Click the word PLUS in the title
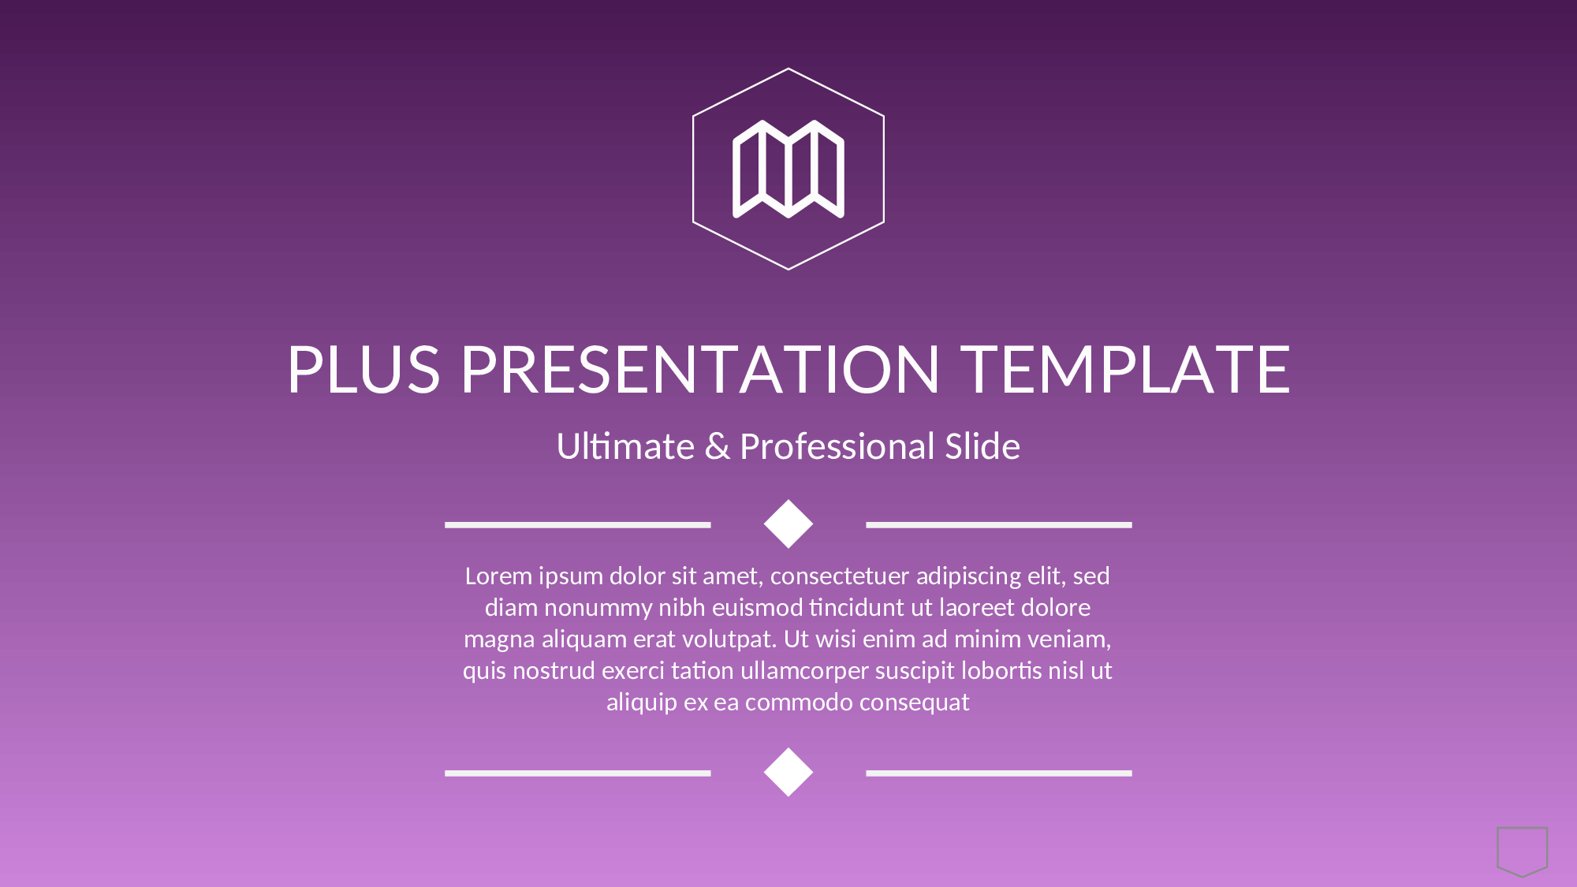[x=363, y=369]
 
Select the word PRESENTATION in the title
[x=700, y=369]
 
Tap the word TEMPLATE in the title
[x=1125, y=369]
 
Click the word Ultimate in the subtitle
[x=625, y=446]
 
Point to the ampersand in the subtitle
[x=718, y=447]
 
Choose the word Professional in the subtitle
[x=837, y=446]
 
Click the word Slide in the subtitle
[x=982, y=446]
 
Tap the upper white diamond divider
[x=788, y=524]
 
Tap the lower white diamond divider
[x=788, y=772]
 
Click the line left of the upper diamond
[x=578, y=524]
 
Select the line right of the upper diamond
[x=999, y=524]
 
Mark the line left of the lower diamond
[x=578, y=773]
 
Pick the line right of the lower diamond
[x=999, y=773]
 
